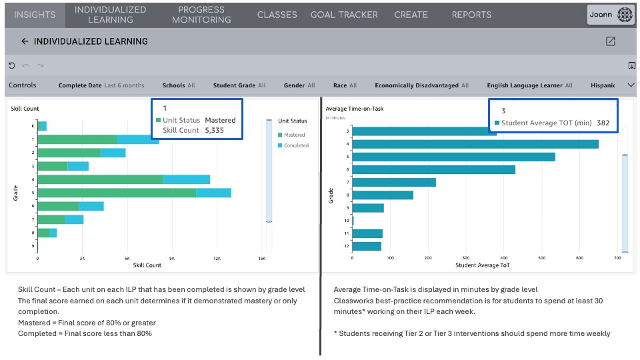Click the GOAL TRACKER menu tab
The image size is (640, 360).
pyautogui.click(x=344, y=15)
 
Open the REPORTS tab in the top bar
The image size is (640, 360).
pyautogui.click(x=471, y=15)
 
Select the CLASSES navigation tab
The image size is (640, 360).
pyautogui.click(x=277, y=15)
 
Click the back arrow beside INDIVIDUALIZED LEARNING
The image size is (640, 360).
pyautogui.click(x=25, y=41)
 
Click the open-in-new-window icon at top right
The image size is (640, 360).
pyautogui.click(x=610, y=41)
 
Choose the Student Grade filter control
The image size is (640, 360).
pyautogui.click(x=239, y=85)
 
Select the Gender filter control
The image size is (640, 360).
pyautogui.click(x=299, y=85)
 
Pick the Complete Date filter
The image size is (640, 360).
pyautogui.click(x=101, y=85)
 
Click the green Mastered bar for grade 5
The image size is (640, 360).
pyautogui.click(x=117, y=193)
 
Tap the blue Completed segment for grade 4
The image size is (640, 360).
pyautogui.click(x=186, y=179)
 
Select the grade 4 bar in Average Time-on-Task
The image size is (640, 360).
pyautogui.click(x=475, y=144)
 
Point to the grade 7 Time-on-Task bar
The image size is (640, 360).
pyautogui.click(x=393, y=182)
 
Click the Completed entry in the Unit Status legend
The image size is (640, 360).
pyautogui.click(x=295, y=145)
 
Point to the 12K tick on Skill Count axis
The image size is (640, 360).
pyautogui.click(x=217, y=258)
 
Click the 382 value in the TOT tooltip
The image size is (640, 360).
pyautogui.click(x=603, y=123)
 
